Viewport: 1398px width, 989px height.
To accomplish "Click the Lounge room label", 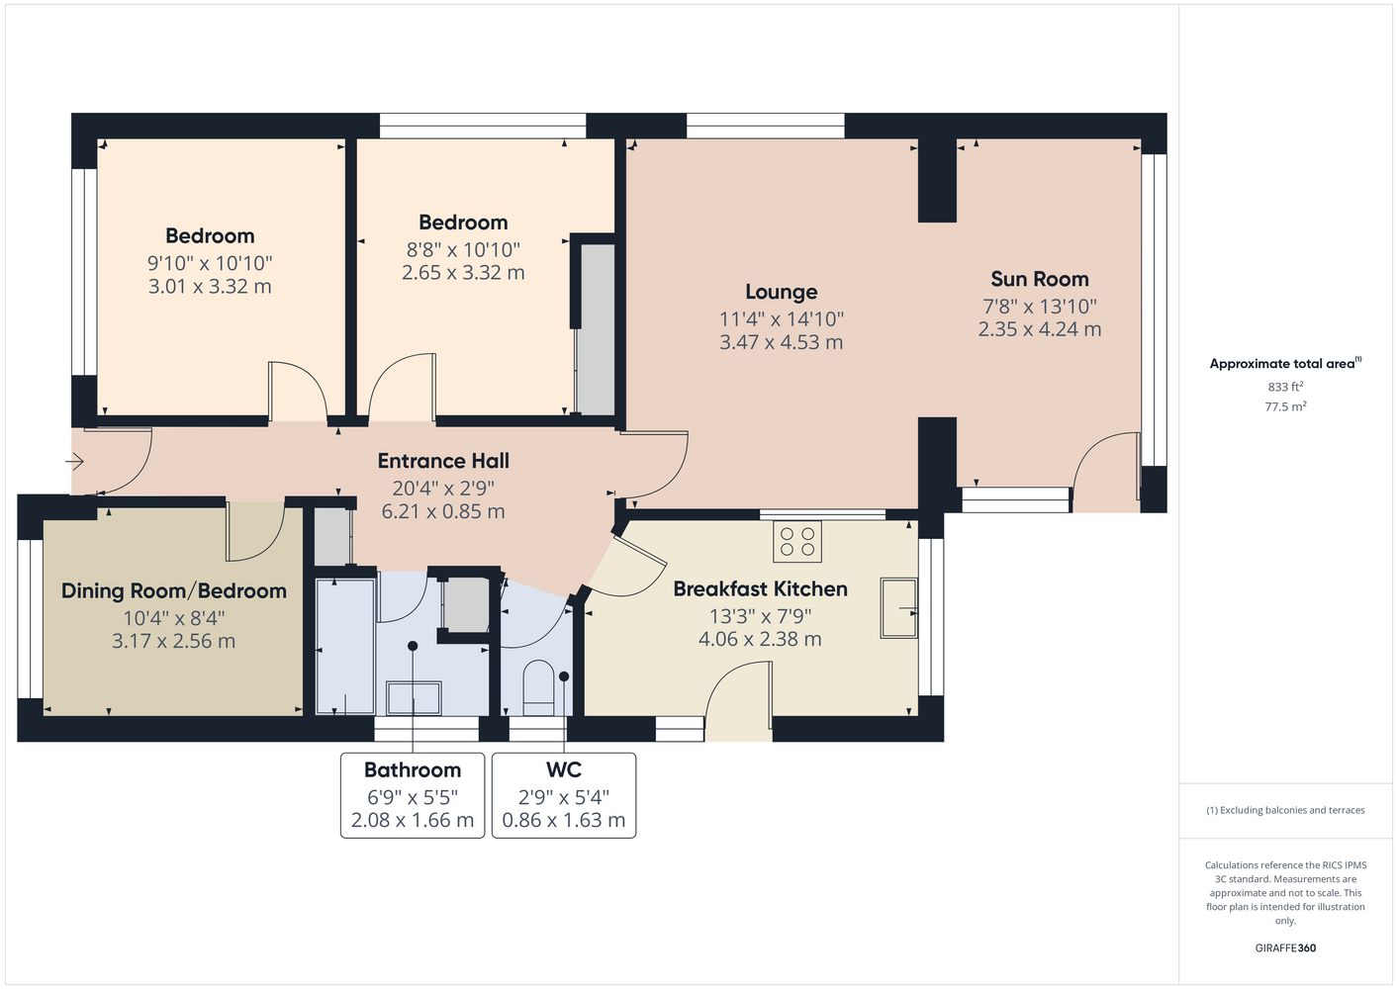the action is pyautogui.click(x=781, y=292).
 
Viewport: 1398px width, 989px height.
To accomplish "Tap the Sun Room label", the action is pyautogui.click(x=1039, y=279).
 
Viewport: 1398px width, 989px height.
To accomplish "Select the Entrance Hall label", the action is pyautogui.click(x=443, y=461).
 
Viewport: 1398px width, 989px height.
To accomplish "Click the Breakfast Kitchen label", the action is pyautogui.click(x=760, y=589).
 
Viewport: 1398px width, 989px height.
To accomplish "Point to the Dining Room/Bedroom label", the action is pyautogui.click(x=173, y=590).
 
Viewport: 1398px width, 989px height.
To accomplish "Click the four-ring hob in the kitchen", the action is pyautogui.click(x=797, y=542).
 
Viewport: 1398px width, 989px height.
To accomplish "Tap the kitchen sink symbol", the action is pyautogui.click(x=898, y=608).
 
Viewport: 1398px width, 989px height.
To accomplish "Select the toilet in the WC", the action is pyautogui.click(x=538, y=688).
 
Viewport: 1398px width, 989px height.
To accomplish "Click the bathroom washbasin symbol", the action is pyautogui.click(x=414, y=698).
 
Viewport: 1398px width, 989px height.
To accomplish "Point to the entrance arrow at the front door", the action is pyautogui.click(x=75, y=462).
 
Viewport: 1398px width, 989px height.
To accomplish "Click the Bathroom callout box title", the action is pyautogui.click(x=413, y=770).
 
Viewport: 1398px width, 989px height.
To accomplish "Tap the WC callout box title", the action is pyautogui.click(x=564, y=770).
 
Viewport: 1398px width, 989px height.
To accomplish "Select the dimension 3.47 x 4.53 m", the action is pyautogui.click(x=781, y=342).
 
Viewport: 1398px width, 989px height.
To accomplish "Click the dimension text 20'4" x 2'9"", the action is pyautogui.click(x=443, y=488).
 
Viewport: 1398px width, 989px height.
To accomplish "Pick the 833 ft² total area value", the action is pyautogui.click(x=1285, y=387).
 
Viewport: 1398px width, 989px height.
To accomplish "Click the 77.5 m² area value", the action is pyautogui.click(x=1285, y=406).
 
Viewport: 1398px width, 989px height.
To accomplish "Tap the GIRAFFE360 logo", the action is pyautogui.click(x=1285, y=947).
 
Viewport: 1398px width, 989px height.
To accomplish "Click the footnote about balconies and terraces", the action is pyautogui.click(x=1285, y=810).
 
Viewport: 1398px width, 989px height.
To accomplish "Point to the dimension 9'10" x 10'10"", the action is pyautogui.click(x=210, y=263).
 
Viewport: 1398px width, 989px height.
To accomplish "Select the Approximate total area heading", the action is pyautogui.click(x=1285, y=363).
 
